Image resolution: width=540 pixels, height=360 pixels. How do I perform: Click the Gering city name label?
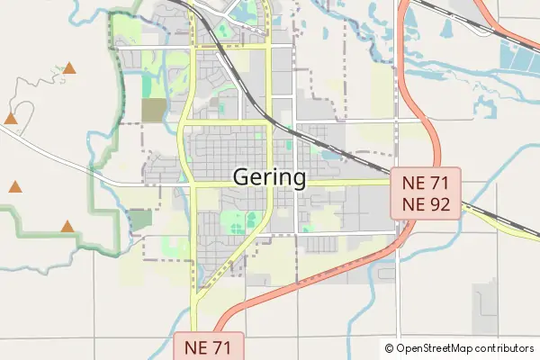(x=269, y=177)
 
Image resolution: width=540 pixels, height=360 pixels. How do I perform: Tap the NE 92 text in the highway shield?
(x=426, y=204)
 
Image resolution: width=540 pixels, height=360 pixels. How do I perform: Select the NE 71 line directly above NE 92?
(x=426, y=183)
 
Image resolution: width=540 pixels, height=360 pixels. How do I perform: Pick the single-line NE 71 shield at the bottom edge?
(x=208, y=346)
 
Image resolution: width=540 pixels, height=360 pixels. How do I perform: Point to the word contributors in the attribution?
(x=506, y=348)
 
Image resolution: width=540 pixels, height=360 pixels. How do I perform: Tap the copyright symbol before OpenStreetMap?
(x=389, y=348)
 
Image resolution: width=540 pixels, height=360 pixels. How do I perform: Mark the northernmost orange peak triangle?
(x=69, y=67)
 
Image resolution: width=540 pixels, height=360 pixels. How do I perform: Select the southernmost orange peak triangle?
(x=67, y=227)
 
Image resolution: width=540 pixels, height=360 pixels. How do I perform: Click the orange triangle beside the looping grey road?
(x=11, y=118)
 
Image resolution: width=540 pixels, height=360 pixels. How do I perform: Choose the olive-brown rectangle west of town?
(x=154, y=111)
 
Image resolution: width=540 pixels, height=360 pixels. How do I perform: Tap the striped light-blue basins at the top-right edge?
(x=517, y=58)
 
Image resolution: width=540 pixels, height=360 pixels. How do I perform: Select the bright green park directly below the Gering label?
(x=236, y=220)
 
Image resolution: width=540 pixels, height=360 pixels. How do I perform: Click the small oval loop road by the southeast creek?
(x=386, y=274)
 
